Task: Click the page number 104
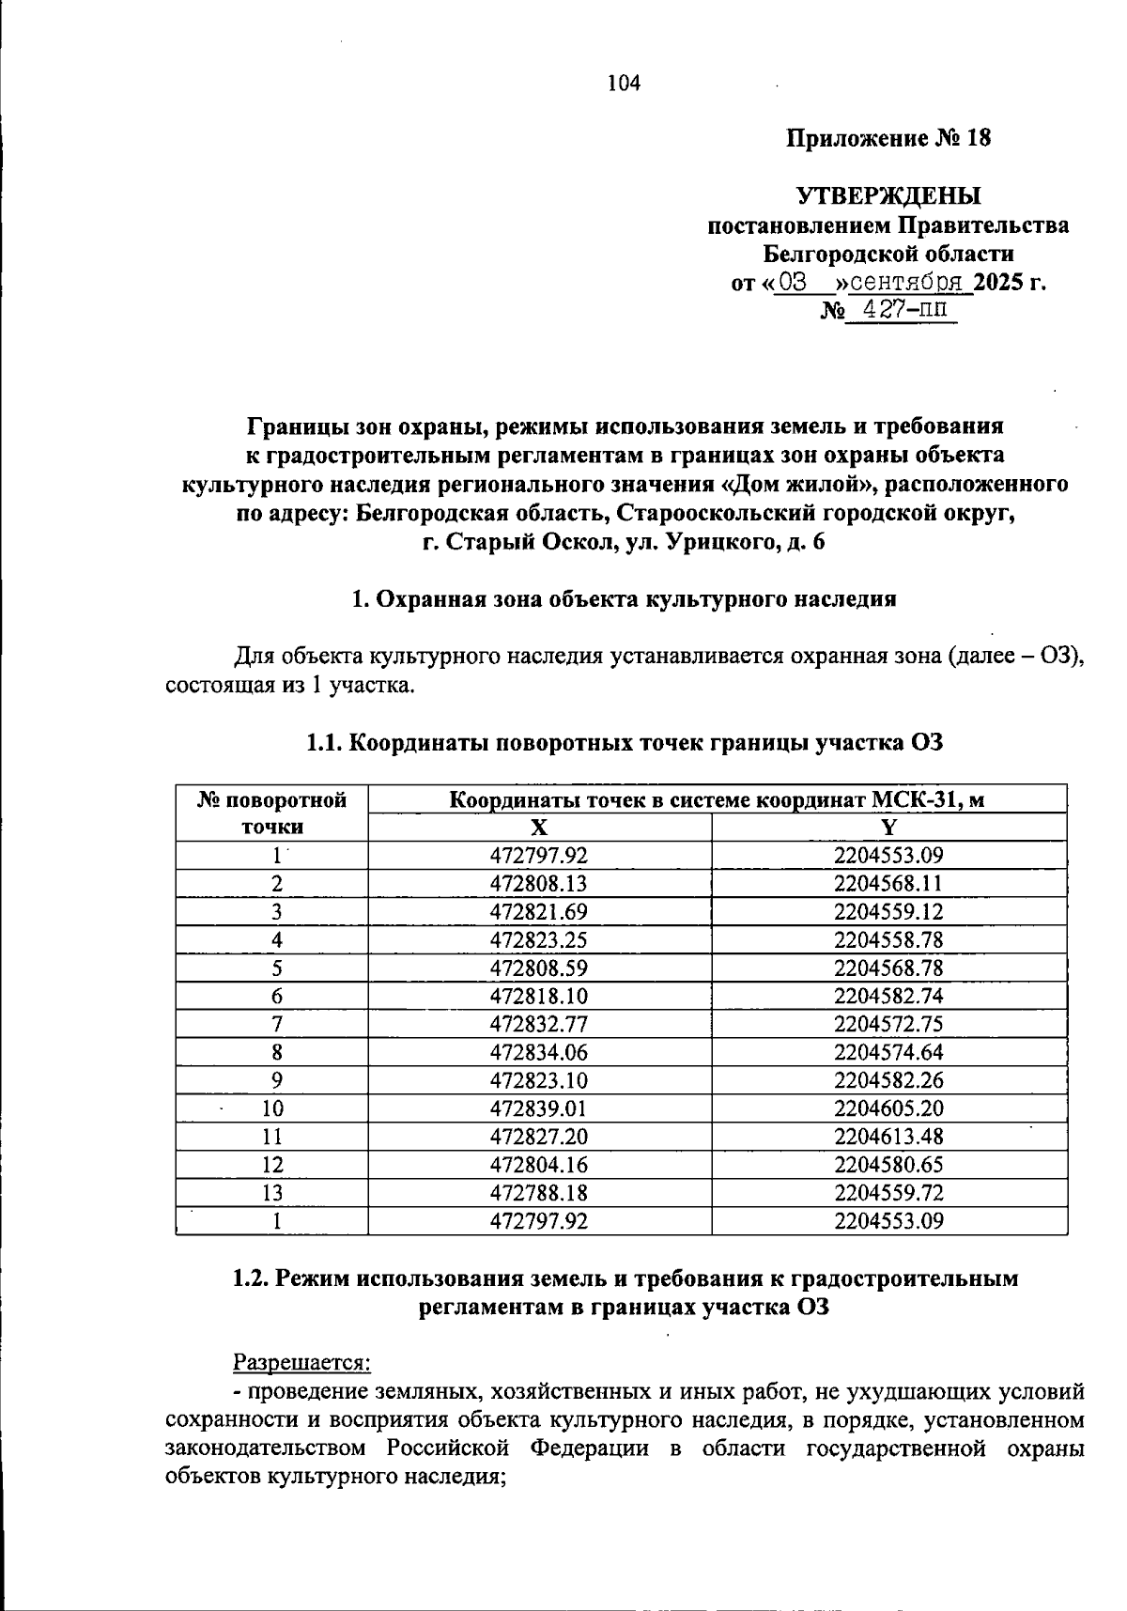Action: tap(624, 84)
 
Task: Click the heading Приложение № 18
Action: tap(888, 139)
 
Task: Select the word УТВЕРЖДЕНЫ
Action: tap(888, 196)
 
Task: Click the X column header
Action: tap(538, 827)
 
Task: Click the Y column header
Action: tap(888, 827)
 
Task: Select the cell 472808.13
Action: tap(538, 883)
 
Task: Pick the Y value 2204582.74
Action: tap(888, 996)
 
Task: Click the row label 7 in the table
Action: tap(276, 1024)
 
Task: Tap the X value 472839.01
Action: tap(538, 1108)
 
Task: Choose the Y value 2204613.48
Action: tap(888, 1137)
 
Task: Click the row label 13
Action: tap(272, 1193)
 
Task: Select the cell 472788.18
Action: tap(538, 1193)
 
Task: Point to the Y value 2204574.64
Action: tap(888, 1052)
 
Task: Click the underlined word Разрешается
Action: tap(301, 1361)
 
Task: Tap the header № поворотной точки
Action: tap(272, 813)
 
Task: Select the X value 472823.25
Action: tap(538, 939)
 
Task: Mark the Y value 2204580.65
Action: tap(888, 1165)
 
